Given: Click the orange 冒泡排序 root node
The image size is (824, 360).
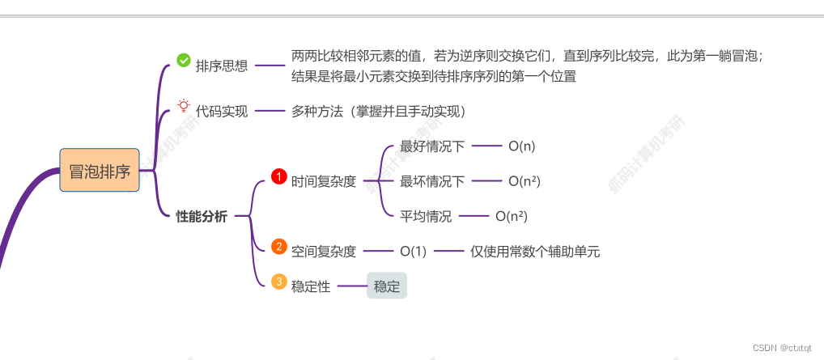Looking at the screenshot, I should pos(100,171).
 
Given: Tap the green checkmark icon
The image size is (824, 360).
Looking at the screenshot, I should pos(184,60).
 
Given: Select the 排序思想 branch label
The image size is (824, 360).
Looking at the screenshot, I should pos(222,66).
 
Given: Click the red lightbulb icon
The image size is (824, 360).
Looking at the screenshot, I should pos(184,106).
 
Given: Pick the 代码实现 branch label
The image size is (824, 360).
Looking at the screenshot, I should pos(222,112).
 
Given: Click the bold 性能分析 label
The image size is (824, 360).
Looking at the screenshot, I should pos(202,216).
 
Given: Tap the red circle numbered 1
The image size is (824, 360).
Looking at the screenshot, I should pos(278,176).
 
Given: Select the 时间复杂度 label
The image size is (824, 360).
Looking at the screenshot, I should pos(324,182).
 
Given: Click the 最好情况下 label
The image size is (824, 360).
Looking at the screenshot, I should pos(432,146).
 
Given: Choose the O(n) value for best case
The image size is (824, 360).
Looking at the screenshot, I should pos(522,146).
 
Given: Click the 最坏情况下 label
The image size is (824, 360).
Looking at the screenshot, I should pos(432,181).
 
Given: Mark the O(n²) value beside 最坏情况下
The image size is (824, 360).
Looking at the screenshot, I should pos(525,181).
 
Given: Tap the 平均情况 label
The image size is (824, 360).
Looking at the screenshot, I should pos(426,216).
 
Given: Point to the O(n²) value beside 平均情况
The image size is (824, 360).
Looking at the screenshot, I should pos(512,216).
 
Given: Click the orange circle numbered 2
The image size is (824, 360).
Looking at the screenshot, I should pos(278,246).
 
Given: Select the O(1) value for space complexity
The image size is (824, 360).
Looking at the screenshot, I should pos(413,252).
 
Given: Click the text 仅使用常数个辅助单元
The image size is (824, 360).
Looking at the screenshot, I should pos(535,252).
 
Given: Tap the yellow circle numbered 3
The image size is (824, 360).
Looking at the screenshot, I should pos(278,281).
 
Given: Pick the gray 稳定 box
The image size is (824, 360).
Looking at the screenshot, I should pos(387,286).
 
